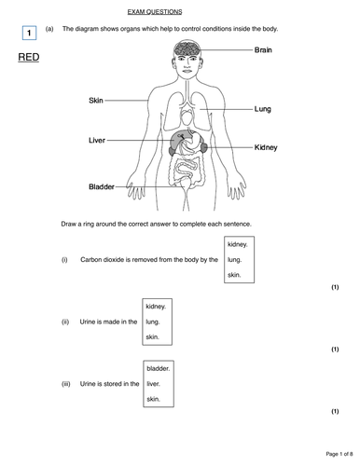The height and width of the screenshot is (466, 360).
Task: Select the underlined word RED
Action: pyautogui.click(x=30, y=58)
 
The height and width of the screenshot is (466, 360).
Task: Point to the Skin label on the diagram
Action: pyautogui.click(x=96, y=99)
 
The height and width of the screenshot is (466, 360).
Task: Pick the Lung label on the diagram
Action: pyautogui.click(x=263, y=109)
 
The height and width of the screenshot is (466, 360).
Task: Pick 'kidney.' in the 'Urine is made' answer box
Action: pyautogui.click(x=156, y=305)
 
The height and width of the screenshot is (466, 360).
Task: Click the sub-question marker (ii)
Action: pyautogui.click(x=65, y=322)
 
